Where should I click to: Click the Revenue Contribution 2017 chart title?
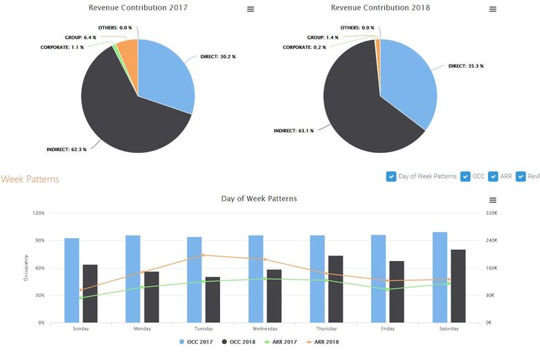coord(138,8)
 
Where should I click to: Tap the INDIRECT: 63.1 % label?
coord(294,130)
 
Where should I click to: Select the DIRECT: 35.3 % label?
coord(465,66)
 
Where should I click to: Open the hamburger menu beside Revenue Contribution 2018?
coord(493,9)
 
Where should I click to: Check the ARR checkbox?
coord(493,177)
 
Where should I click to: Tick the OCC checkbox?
coord(465,177)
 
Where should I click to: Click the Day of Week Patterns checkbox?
coord(391,177)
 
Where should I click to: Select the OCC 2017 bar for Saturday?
coord(440,277)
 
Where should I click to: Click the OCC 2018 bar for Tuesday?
coord(212,300)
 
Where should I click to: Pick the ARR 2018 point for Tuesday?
coord(203,255)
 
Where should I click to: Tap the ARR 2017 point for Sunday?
coord(80,298)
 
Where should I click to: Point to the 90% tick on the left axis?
coord(39,240)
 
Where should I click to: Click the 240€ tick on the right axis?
coord(490,240)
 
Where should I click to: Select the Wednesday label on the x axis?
coord(265,329)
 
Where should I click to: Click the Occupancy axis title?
coord(26,267)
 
